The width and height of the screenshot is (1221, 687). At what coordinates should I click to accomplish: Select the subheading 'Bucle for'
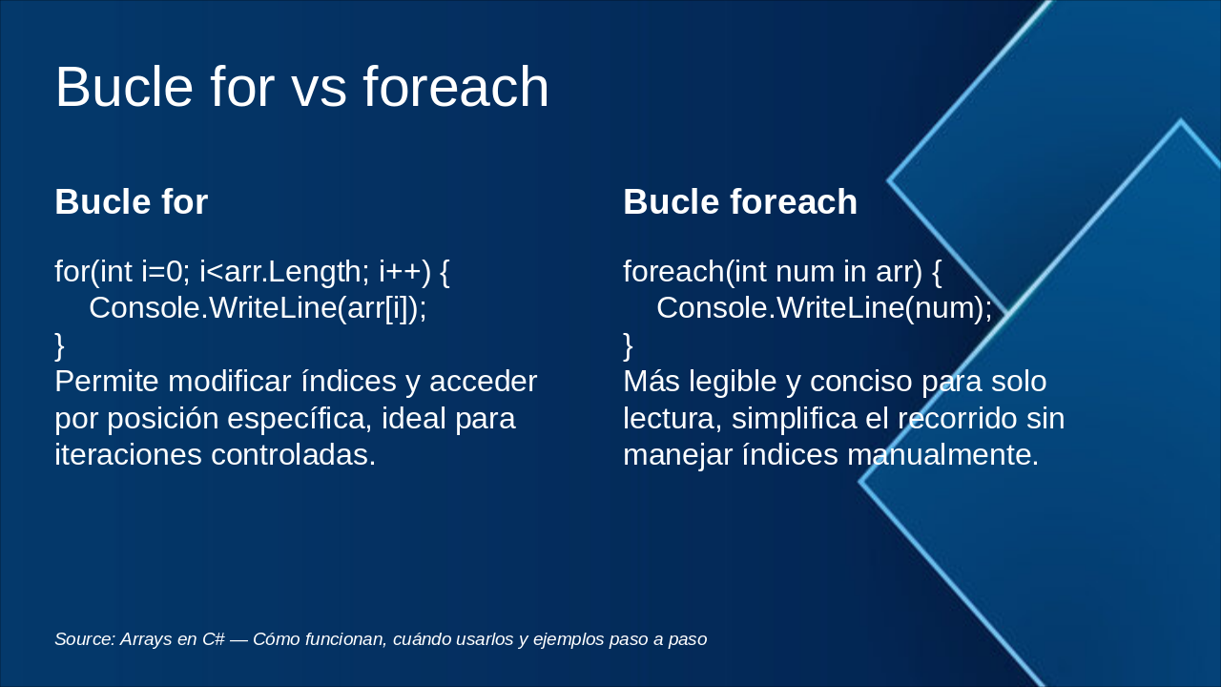click(x=132, y=201)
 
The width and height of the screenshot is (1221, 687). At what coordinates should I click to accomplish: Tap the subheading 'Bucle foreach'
click(x=740, y=201)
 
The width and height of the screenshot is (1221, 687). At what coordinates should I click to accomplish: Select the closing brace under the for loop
click(x=59, y=346)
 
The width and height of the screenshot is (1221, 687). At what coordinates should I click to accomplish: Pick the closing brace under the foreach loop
click(x=628, y=346)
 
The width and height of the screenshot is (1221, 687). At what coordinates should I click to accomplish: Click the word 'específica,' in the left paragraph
click(x=300, y=419)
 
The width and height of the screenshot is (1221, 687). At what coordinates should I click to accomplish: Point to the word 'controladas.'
click(x=293, y=455)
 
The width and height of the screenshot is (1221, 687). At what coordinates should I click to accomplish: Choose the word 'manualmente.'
click(x=943, y=455)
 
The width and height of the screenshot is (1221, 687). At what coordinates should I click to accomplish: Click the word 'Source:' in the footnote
click(x=85, y=639)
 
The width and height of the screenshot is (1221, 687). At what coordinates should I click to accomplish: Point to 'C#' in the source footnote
click(x=213, y=639)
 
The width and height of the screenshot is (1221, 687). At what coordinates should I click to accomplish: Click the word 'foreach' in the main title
click(x=456, y=87)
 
